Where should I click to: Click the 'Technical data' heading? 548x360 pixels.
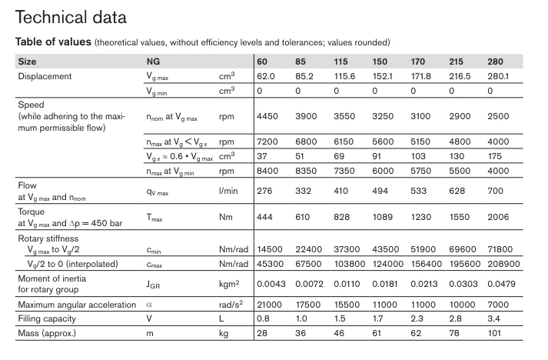point(71,17)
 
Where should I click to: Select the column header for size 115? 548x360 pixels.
point(340,62)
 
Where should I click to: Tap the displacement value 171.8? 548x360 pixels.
point(420,76)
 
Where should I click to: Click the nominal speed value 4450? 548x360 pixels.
point(267,116)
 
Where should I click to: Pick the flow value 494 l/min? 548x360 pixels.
point(380,191)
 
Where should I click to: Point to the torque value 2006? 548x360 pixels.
point(498,217)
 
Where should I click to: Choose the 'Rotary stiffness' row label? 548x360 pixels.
point(48,238)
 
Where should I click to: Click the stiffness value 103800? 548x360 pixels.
point(350,264)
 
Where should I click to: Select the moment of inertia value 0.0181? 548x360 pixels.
point(385,284)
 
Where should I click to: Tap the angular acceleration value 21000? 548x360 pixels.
point(270,305)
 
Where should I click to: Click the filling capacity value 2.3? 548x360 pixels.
point(417,318)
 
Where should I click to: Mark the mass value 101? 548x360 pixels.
point(494,333)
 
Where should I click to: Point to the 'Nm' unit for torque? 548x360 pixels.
point(226,217)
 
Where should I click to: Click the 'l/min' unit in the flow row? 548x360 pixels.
point(228,191)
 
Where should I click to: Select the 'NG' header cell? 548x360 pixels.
point(153,62)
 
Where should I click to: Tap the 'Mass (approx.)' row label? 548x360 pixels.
point(47,333)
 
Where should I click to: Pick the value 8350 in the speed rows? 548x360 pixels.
point(306,171)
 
